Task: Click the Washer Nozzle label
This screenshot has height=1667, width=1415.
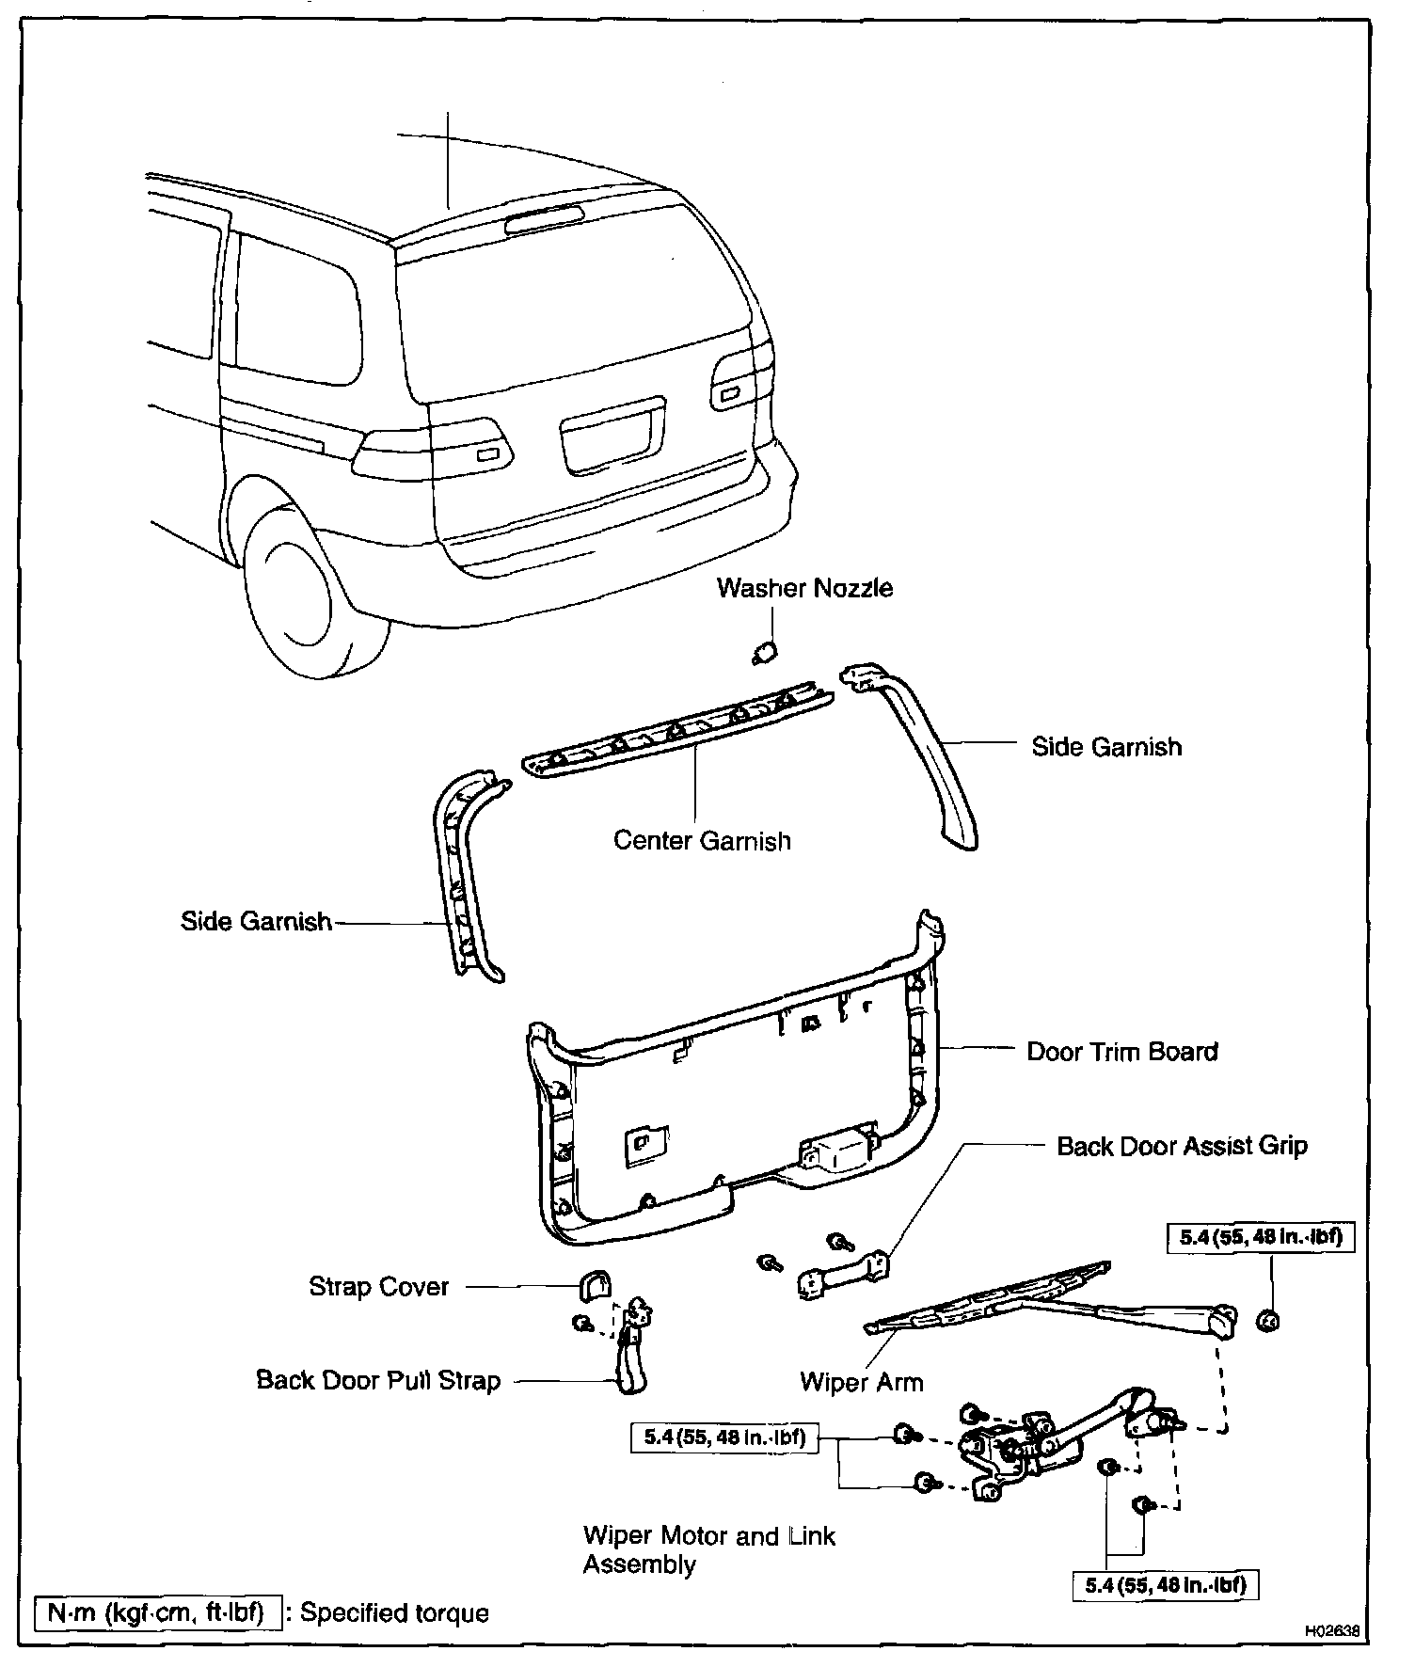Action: point(804,589)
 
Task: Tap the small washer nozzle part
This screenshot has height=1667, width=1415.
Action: point(766,651)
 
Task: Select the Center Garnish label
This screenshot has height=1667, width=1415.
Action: point(702,840)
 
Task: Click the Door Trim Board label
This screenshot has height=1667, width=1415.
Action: point(1121,1051)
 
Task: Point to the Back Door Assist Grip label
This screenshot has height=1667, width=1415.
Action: point(1182,1146)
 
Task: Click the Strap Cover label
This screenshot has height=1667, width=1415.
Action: point(378,1286)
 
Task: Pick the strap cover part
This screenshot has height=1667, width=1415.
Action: point(594,1285)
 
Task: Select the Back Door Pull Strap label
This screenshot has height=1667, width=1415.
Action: point(378,1380)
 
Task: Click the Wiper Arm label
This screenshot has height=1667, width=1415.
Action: point(861,1381)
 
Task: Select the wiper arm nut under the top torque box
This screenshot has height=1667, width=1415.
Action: point(1268,1321)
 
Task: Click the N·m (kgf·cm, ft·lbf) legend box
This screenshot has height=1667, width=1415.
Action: point(157,1612)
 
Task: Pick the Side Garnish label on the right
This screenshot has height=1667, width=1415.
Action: point(1106,747)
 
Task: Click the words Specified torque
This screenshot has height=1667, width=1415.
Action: point(394,1612)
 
